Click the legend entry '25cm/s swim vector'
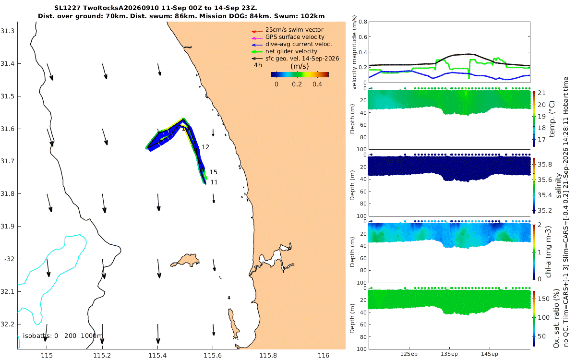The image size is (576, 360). [x=294, y=30]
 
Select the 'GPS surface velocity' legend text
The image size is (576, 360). [x=295, y=37]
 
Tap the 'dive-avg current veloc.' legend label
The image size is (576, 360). [x=299, y=44]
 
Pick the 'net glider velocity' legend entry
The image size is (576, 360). [x=291, y=51]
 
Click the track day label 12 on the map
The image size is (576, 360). [x=205, y=147]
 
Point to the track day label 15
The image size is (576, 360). [x=213, y=172]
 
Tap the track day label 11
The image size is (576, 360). [x=214, y=182]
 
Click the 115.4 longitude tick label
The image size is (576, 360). [x=157, y=355]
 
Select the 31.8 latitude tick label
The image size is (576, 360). [x=7, y=193]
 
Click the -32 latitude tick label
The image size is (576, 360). [x=9, y=259]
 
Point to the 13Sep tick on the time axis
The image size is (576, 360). [x=449, y=354]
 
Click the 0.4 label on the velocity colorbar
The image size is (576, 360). [x=317, y=84]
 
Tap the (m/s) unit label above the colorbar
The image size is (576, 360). [x=300, y=66]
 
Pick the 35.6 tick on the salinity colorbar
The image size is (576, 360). [x=545, y=180]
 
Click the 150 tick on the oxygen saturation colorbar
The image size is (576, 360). [x=543, y=299]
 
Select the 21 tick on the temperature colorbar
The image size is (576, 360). [x=541, y=93]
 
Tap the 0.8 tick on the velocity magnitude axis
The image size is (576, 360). [x=362, y=22]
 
